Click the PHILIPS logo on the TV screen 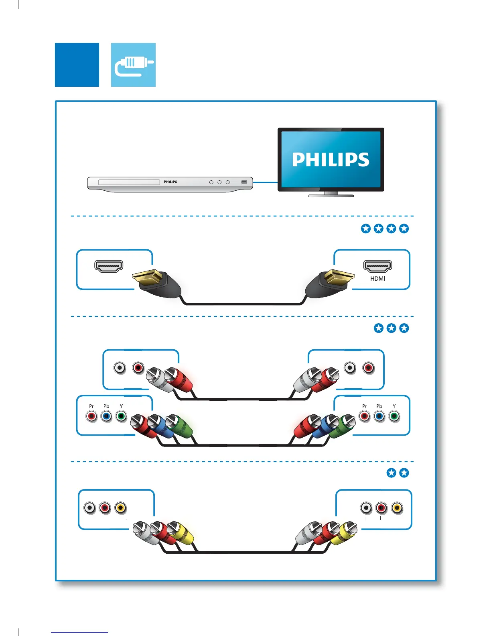(x=331, y=159)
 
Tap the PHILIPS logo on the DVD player (x=170, y=182)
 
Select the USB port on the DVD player (x=244, y=182)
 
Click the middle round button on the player (x=219, y=182)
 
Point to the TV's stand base (x=331, y=196)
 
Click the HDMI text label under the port (x=377, y=279)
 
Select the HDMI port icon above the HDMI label (x=377, y=266)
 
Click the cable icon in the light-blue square (x=133, y=65)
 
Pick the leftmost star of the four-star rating (x=366, y=228)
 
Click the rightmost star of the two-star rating (x=404, y=473)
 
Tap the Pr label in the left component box (x=91, y=406)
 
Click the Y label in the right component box (x=394, y=406)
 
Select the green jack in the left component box (x=121, y=416)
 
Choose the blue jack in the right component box (x=379, y=416)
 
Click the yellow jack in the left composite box (x=120, y=508)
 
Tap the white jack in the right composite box (x=366, y=508)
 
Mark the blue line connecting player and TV (x=266, y=182)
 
